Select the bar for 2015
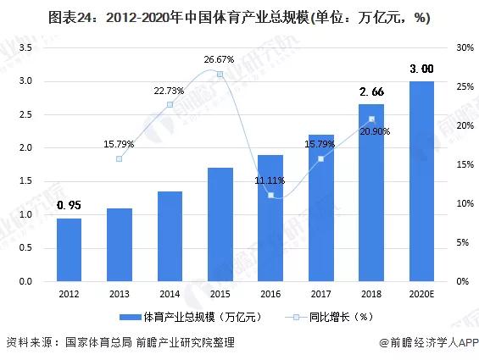pos(220,224)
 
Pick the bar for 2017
pos(320,208)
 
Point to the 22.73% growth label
pos(170,91)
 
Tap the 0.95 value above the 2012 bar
pos(70,205)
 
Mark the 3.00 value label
pos(421,69)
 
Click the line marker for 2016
pos(270,195)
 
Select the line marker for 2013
pos(120,158)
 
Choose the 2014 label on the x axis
pos(170,293)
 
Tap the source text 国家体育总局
pos(98,343)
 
